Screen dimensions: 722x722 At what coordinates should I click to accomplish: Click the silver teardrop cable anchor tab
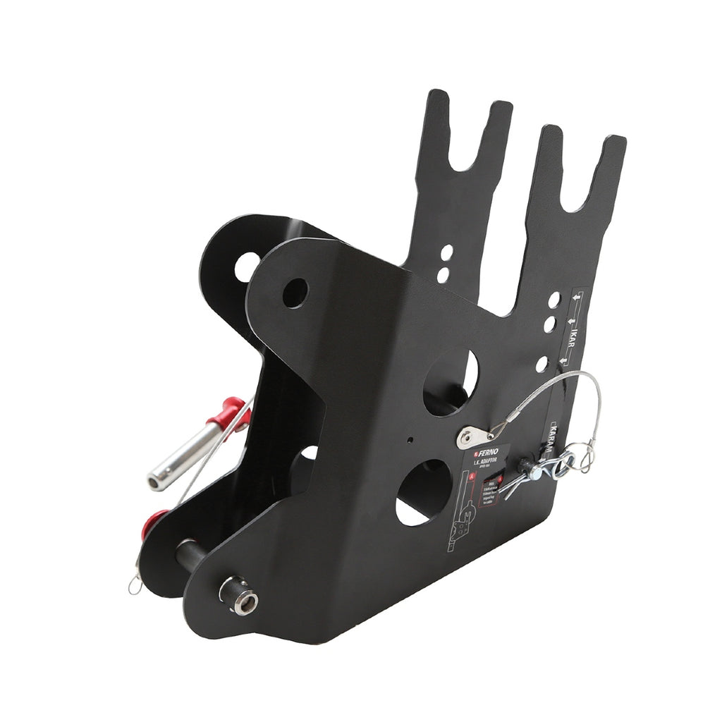click(469, 436)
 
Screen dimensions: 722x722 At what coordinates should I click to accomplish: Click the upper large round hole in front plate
click(451, 381)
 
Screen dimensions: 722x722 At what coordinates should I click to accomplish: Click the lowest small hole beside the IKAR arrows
click(541, 365)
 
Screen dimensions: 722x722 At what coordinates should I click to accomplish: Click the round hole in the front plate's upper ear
click(295, 292)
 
